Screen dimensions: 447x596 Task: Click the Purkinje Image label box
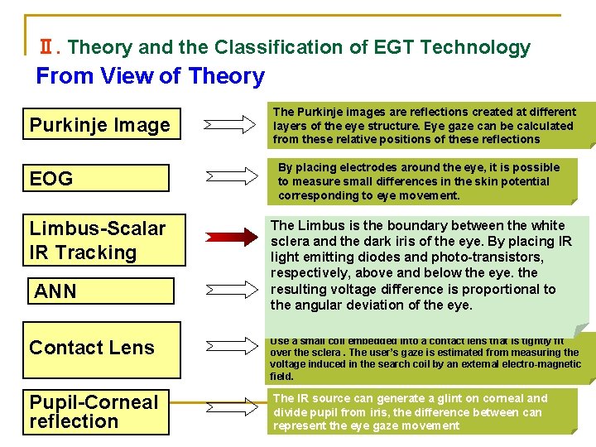coord(99,125)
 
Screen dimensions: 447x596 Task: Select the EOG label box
coord(99,178)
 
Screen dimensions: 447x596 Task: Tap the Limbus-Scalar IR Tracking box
coord(99,240)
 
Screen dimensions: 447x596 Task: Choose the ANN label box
coord(100,291)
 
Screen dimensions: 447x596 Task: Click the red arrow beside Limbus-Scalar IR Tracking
coord(231,238)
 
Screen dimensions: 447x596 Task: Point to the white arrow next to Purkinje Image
coord(231,125)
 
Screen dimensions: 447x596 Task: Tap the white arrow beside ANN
coord(231,291)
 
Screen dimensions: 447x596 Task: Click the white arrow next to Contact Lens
coord(231,347)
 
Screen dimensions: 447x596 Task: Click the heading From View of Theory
coord(150,76)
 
